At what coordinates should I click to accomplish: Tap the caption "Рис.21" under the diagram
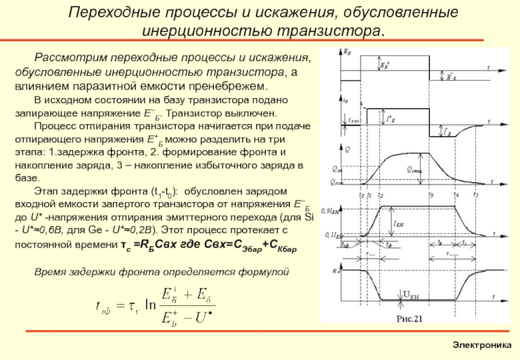[x=410, y=318]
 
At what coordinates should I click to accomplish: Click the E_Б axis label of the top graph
[x=349, y=50]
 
